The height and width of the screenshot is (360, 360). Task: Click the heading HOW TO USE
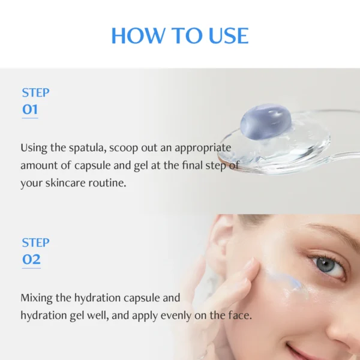[179, 36]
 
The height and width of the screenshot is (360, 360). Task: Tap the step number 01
[30, 109]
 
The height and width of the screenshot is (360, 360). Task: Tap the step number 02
[31, 259]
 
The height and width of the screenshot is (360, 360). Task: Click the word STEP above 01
[35, 92]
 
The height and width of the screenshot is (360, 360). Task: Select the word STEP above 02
[35, 242]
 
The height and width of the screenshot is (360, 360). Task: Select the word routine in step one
[109, 183]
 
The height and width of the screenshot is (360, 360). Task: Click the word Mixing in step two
[37, 298]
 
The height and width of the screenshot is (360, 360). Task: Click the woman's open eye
[328, 265]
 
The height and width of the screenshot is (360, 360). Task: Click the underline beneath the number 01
[30, 118]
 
